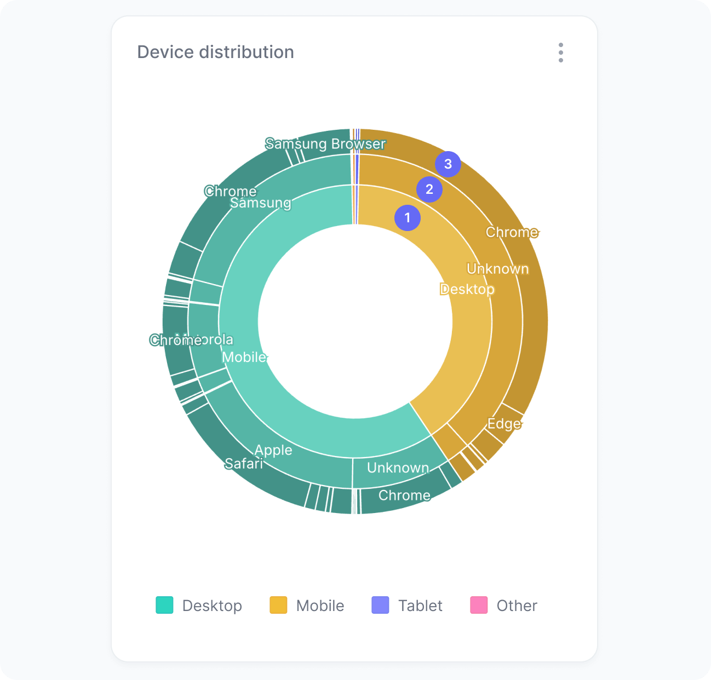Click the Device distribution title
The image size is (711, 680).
[215, 52]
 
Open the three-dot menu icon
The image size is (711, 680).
[560, 53]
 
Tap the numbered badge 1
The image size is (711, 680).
[408, 218]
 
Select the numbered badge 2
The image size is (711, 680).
[429, 189]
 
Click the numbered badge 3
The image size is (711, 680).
[448, 164]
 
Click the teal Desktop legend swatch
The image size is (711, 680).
[164, 605]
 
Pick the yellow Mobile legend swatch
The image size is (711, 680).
[278, 605]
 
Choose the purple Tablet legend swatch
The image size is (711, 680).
[380, 605]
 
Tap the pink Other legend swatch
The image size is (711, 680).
[479, 605]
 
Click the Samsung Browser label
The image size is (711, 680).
[325, 144]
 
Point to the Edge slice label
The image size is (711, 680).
[504, 423]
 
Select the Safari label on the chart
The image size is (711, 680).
[244, 464]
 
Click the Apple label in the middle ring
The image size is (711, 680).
[273, 450]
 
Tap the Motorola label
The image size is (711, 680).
[214, 339]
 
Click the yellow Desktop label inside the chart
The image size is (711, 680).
[467, 289]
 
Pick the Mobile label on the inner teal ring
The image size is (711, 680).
[244, 357]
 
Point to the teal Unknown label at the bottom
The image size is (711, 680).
[398, 468]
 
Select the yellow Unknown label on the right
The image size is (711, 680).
[498, 269]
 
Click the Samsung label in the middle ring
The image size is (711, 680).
[260, 203]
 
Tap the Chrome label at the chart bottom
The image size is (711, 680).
[404, 495]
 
